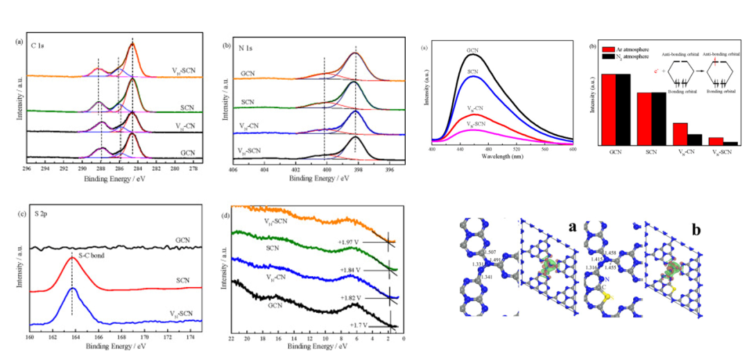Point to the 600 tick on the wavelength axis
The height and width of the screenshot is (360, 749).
(573, 149)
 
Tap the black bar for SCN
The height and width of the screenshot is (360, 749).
(658, 118)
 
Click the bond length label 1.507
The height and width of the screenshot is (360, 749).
(492, 252)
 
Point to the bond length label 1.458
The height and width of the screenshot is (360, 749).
(613, 252)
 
